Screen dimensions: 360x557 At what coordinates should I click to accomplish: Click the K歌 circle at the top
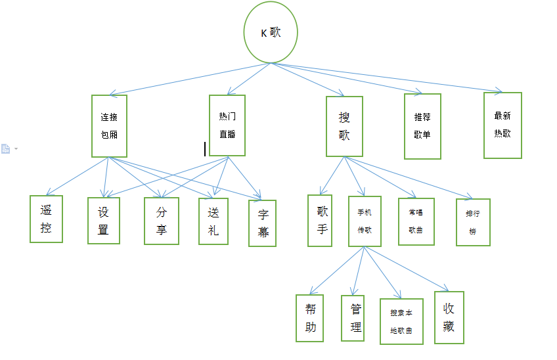pyautogui.click(x=271, y=34)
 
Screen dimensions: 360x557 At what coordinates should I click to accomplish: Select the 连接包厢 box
pyautogui.click(x=109, y=126)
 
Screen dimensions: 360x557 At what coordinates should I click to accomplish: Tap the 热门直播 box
pyautogui.click(x=227, y=125)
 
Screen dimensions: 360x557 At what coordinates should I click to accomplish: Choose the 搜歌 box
pyautogui.click(x=344, y=126)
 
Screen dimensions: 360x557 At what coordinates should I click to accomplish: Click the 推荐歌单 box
pyautogui.click(x=422, y=126)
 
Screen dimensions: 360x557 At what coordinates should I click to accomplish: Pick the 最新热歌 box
pyautogui.click(x=502, y=125)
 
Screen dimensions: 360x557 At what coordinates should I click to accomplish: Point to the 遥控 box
pyautogui.click(x=46, y=219)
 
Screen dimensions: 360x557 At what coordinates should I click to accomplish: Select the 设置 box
pyautogui.click(x=104, y=220)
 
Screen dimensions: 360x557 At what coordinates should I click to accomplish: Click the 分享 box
pyautogui.click(x=162, y=221)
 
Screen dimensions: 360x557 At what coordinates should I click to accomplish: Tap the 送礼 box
pyautogui.click(x=213, y=221)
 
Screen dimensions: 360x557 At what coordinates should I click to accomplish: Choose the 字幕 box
pyautogui.click(x=262, y=223)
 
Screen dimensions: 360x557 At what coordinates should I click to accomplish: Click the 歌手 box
pyautogui.click(x=320, y=220)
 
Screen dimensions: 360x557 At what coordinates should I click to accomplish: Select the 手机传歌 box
pyautogui.click(x=365, y=221)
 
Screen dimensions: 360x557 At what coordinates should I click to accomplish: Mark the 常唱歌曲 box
pyautogui.click(x=416, y=221)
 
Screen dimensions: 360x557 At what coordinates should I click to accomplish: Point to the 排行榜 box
pyautogui.click(x=473, y=222)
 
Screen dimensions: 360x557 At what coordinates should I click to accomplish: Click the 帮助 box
pyautogui.click(x=310, y=318)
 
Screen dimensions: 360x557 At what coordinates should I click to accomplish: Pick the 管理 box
pyautogui.click(x=355, y=318)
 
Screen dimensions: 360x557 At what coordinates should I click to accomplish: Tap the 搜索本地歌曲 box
pyautogui.click(x=401, y=321)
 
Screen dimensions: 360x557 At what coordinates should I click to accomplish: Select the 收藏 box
pyautogui.click(x=449, y=317)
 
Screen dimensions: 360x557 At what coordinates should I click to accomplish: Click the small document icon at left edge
pyautogui.click(x=6, y=149)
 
